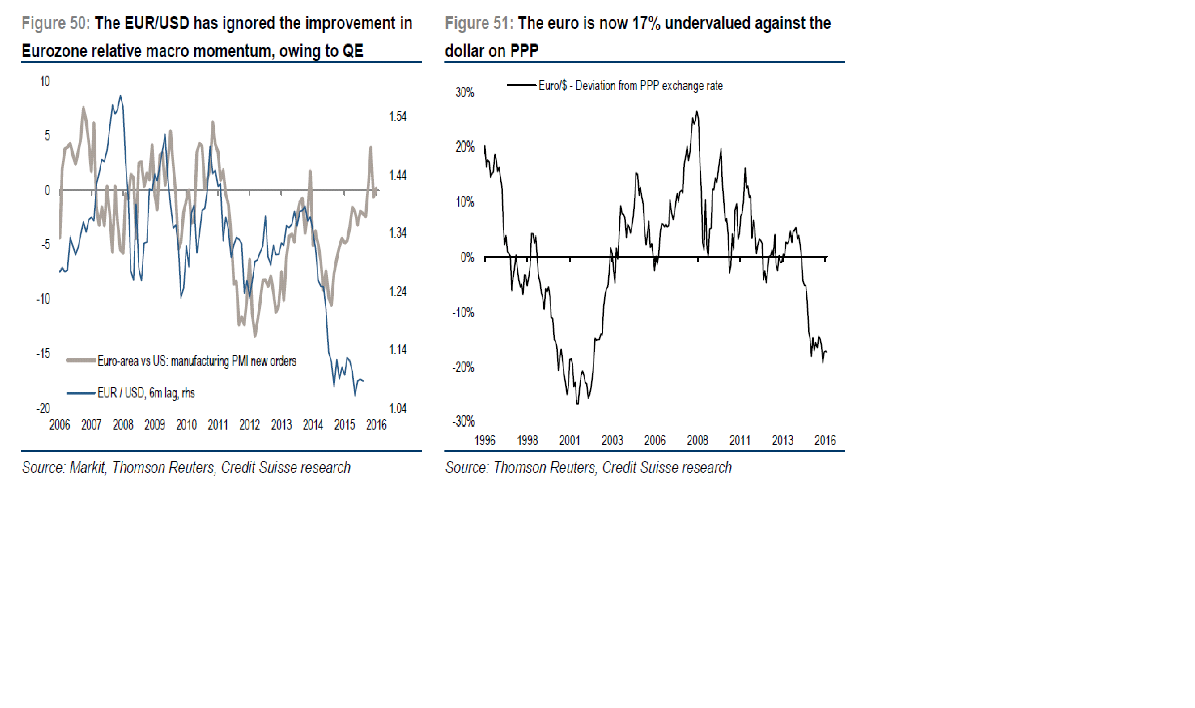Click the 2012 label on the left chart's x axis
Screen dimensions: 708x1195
tap(249, 425)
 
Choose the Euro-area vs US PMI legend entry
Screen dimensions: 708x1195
tap(197, 361)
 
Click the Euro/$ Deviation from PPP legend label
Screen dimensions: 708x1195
tap(630, 86)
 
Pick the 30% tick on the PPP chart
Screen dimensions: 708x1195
tap(464, 92)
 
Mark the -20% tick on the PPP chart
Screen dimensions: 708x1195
tap(463, 367)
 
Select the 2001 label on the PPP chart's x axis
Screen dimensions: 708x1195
tap(569, 440)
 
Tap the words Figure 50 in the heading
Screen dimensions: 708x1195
tap(55, 23)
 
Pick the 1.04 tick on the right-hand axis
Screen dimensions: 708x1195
tap(398, 408)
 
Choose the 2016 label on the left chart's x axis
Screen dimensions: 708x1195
tap(376, 425)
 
